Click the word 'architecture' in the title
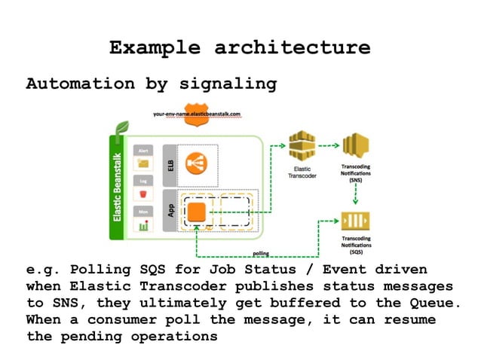pos(293,48)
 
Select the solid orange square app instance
pos(198,212)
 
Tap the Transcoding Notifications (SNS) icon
pos(354,146)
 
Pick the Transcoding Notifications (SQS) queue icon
pos(355,221)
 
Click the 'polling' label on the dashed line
pos(262,254)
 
